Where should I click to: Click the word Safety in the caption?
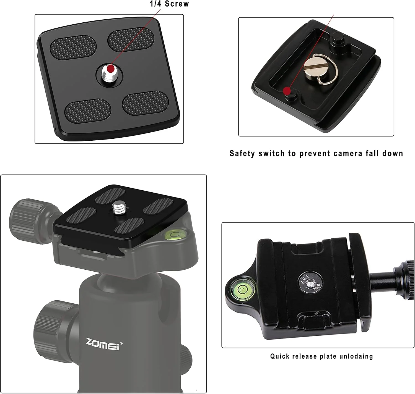tap(242, 153)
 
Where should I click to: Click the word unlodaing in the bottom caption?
tap(356, 356)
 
